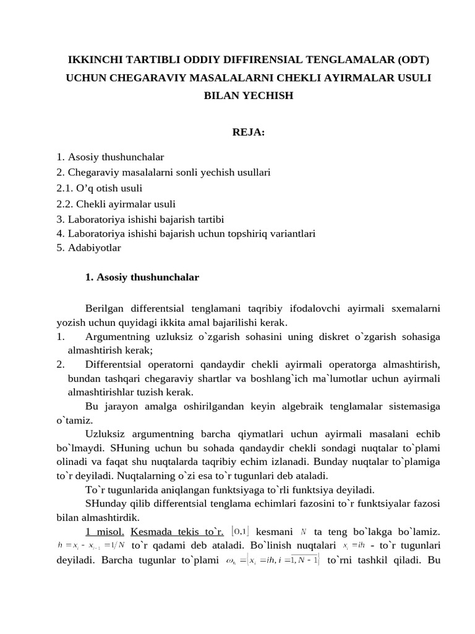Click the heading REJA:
tap(247, 131)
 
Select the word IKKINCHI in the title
tap(94, 60)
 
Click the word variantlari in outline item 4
tap(291, 233)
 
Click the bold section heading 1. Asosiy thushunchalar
tap(142, 277)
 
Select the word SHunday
tap(104, 503)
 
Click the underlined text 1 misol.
tap(105, 531)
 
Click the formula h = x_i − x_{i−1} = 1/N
tap(91, 545)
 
